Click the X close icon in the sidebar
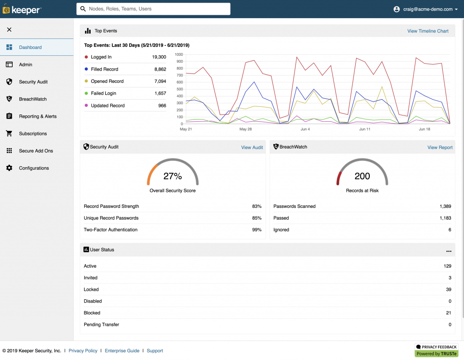(9, 30)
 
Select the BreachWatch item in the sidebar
(33, 99)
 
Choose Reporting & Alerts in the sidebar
(38, 116)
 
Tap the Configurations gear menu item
(34, 168)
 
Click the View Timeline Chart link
(428, 31)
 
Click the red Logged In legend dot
(87, 57)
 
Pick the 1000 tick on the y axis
(179, 55)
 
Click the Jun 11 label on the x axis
(365, 130)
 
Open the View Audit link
(252, 148)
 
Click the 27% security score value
(173, 176)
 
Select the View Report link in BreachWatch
(440, 148)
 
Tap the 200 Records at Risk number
(362, 176)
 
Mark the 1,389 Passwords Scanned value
(445, 206)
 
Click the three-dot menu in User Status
(449, 251)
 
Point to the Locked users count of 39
(448, 290)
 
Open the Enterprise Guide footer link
(122, 351)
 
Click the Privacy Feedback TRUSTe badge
(436, 350)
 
